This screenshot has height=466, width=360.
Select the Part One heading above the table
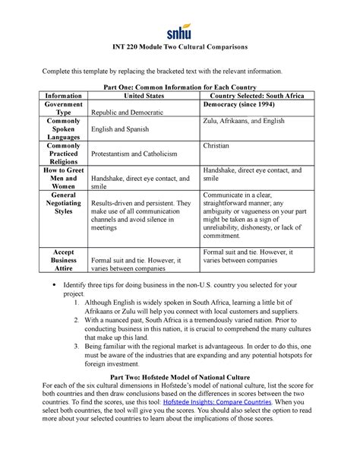(x=179, y=87)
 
